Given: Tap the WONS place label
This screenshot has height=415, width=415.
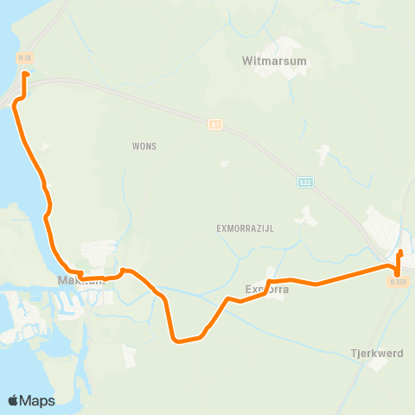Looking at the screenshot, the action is click(x=145, y=146).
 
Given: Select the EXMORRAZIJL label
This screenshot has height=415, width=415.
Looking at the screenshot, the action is click(x=245, y=229).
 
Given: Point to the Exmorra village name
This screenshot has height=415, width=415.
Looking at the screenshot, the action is click(x=266, y=290).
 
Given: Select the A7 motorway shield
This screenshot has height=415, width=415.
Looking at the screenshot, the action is click(x=214, y=124).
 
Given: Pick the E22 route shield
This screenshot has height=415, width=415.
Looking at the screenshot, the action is click(x=306, y=182).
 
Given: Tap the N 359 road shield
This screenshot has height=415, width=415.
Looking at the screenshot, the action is click(x=397, y=281).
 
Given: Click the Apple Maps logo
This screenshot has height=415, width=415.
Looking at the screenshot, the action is click(x=31, y=400).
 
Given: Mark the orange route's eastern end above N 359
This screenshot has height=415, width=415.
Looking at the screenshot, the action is click(x=399, y=252).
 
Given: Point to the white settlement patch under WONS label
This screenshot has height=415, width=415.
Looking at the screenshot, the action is click(x=225, y=163).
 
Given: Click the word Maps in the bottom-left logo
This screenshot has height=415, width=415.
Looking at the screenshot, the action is click(x=38, y=400).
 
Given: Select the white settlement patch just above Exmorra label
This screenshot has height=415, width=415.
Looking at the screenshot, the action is click(x=273, y=275).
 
